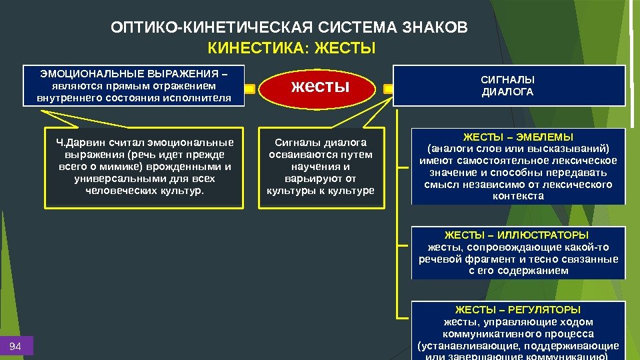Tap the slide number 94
(15, 346)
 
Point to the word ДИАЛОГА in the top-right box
(508, 92)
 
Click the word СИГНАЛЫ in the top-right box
(508, 80)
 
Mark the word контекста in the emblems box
(518, 196)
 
